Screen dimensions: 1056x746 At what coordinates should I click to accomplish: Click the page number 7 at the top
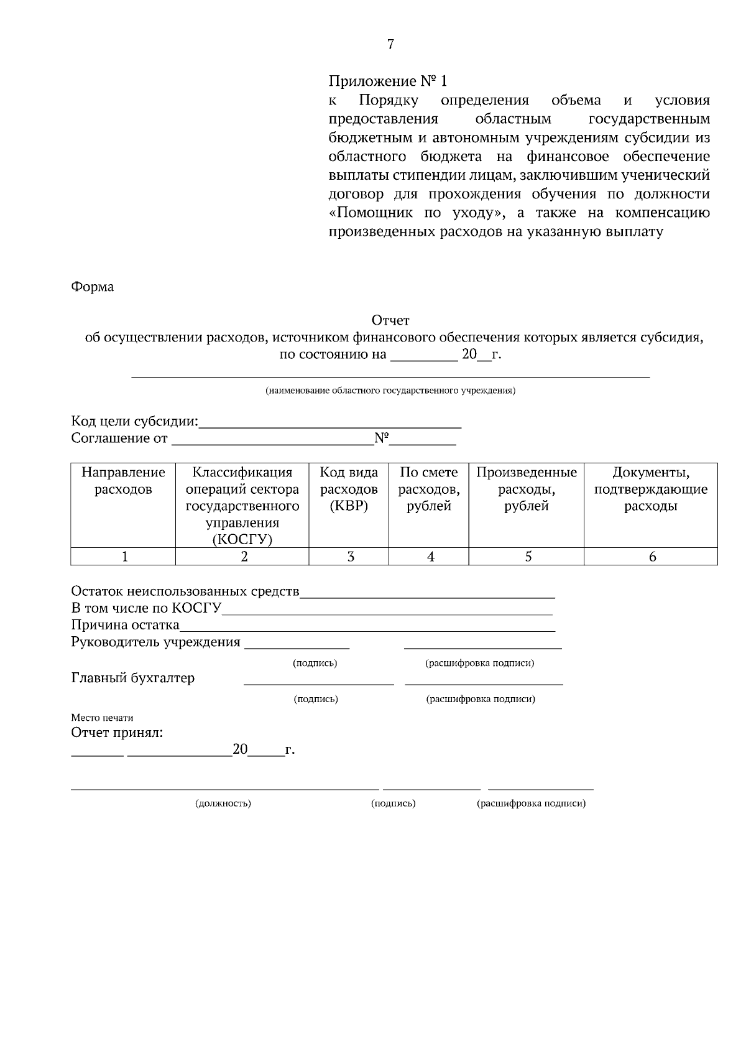pos(390,44)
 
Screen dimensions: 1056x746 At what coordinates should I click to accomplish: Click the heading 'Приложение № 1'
pos(388,81)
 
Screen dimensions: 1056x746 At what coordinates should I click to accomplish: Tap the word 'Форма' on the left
pos(93,287)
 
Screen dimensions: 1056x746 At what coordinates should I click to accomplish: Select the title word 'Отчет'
pos(390,321)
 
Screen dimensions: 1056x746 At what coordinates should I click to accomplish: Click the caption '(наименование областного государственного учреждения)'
pos(390,391)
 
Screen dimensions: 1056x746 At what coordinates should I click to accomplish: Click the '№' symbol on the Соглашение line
pos(381,438)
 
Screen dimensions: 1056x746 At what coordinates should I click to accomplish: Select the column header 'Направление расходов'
pos(123,481)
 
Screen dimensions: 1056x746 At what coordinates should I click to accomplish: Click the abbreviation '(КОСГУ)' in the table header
pos(242,539)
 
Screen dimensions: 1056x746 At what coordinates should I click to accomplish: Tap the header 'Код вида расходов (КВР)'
pos(349,489)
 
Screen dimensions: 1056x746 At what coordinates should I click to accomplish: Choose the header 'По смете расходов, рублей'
pos(428,489)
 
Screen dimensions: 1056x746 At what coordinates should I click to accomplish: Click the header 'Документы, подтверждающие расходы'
pos(650,489)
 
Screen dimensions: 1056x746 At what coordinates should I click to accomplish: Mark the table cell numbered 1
pos(124,557)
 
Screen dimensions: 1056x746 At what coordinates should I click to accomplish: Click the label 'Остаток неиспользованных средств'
pos(185,591)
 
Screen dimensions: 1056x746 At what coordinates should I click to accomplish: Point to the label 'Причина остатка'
pos(125,625)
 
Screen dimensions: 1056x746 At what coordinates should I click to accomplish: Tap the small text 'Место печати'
pos(102,718)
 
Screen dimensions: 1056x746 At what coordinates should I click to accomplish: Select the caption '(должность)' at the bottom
pos(223,804)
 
